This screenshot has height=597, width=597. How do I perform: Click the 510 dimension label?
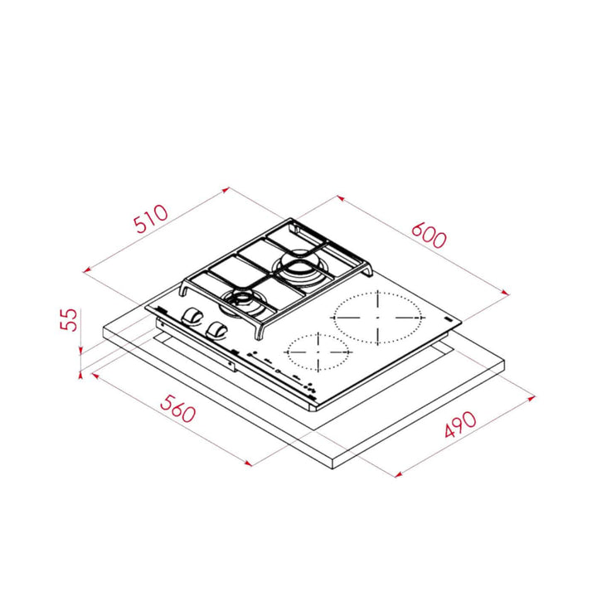pyautogui.click(x=151, y=219)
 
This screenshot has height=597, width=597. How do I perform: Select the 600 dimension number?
pyautogui.click(x=429, y=235)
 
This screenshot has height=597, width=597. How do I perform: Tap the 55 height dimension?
pyautogui.click(x=69, y=320)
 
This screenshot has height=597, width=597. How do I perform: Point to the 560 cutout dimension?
pyautogui.click(x=177, y=409)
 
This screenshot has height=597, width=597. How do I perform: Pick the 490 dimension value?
pyautogui.click(x=460, y=425)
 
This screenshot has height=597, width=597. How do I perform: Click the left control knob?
pyautogui.click(x=192, y=317)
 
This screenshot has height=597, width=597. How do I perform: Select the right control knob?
pyautogui.click(x=216, y=330)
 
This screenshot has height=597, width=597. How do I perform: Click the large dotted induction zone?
pyautogui.click(x=378, y=318)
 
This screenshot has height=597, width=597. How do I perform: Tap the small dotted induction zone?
pyautogui.click(x=318, y=352)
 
